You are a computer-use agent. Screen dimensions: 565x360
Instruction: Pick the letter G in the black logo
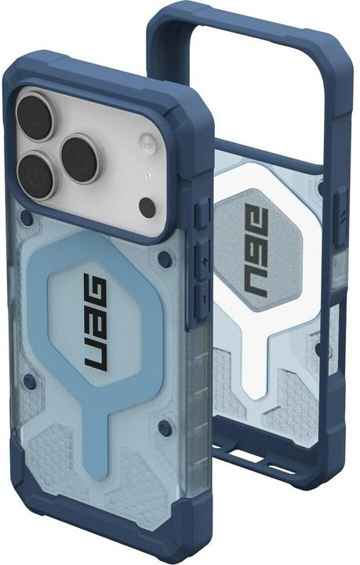[x=95, y=290]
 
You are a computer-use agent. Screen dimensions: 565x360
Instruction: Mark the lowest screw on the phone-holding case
[x=163, y=428]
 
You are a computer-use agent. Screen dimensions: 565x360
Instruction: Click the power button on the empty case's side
[x=339, y=212]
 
